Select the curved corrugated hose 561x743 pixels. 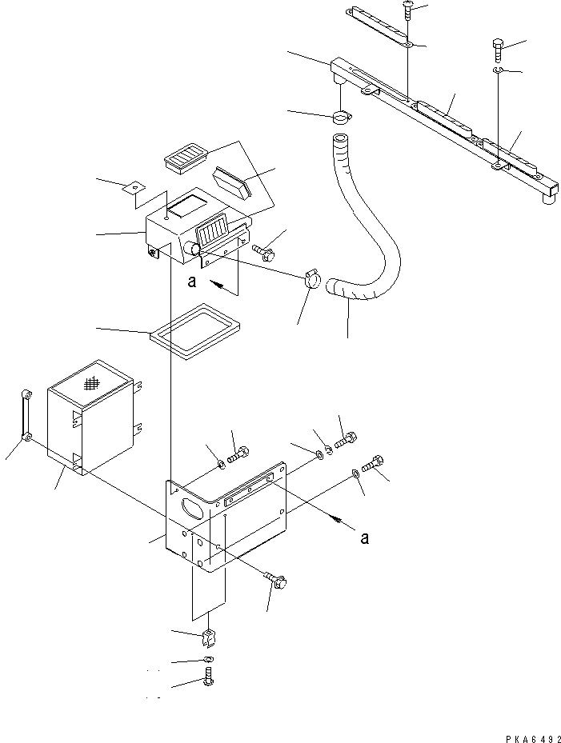[376, 232]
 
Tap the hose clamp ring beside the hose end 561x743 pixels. [313, 282]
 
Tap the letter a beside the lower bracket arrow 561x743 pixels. [364, 538]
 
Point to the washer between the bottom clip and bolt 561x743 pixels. [208, 659]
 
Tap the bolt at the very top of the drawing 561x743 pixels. [409, 10]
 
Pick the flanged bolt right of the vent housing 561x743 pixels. [267, 251]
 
